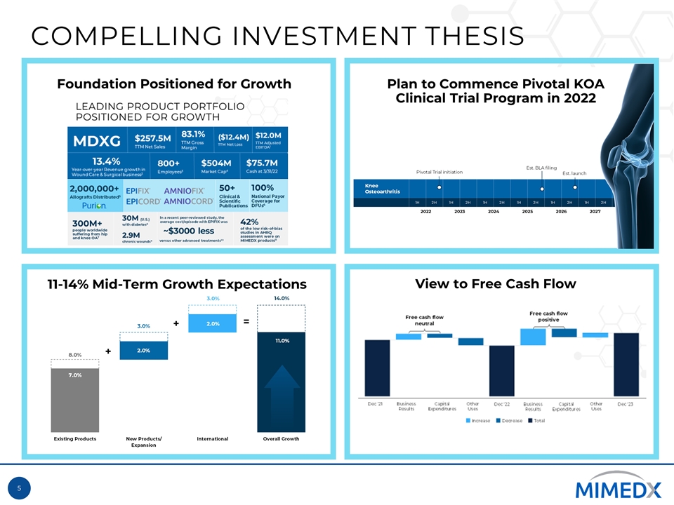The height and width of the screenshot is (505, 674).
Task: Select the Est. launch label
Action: point(574,173)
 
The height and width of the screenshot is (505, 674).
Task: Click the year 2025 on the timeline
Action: point(528,210)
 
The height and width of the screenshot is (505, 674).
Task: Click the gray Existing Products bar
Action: point(74,400)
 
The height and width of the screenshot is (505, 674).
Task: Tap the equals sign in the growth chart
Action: point(246,322)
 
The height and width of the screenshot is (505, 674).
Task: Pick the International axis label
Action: point(213,439)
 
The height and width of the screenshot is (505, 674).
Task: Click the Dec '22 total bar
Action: point(501,370)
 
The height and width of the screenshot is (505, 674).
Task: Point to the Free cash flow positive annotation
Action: point(548,316)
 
